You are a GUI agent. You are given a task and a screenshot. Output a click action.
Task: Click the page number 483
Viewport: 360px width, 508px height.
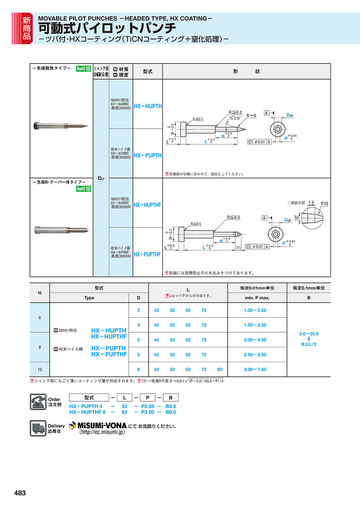(20, 493)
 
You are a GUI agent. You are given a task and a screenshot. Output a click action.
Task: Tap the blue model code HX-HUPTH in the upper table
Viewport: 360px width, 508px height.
(148, 106)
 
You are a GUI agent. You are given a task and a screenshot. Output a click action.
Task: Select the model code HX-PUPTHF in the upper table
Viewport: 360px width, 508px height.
(148, 254)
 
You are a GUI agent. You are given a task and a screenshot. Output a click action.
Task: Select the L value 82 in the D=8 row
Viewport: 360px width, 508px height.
(220, 369)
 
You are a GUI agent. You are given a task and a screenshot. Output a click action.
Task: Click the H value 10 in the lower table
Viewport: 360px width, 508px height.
(40, 369)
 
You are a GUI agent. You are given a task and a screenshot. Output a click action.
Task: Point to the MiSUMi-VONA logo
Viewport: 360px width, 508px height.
(98, 426)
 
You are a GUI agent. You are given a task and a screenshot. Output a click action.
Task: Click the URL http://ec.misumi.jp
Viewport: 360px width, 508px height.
(102, 432)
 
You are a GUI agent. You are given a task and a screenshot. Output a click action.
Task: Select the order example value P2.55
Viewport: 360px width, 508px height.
(148, 406)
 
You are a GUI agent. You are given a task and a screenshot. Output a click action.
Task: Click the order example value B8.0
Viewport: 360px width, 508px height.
(171, 412)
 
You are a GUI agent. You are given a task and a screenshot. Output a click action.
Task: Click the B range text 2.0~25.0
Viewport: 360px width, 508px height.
(309, 334)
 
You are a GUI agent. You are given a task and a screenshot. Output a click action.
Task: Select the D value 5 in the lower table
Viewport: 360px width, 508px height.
(138, 340)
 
